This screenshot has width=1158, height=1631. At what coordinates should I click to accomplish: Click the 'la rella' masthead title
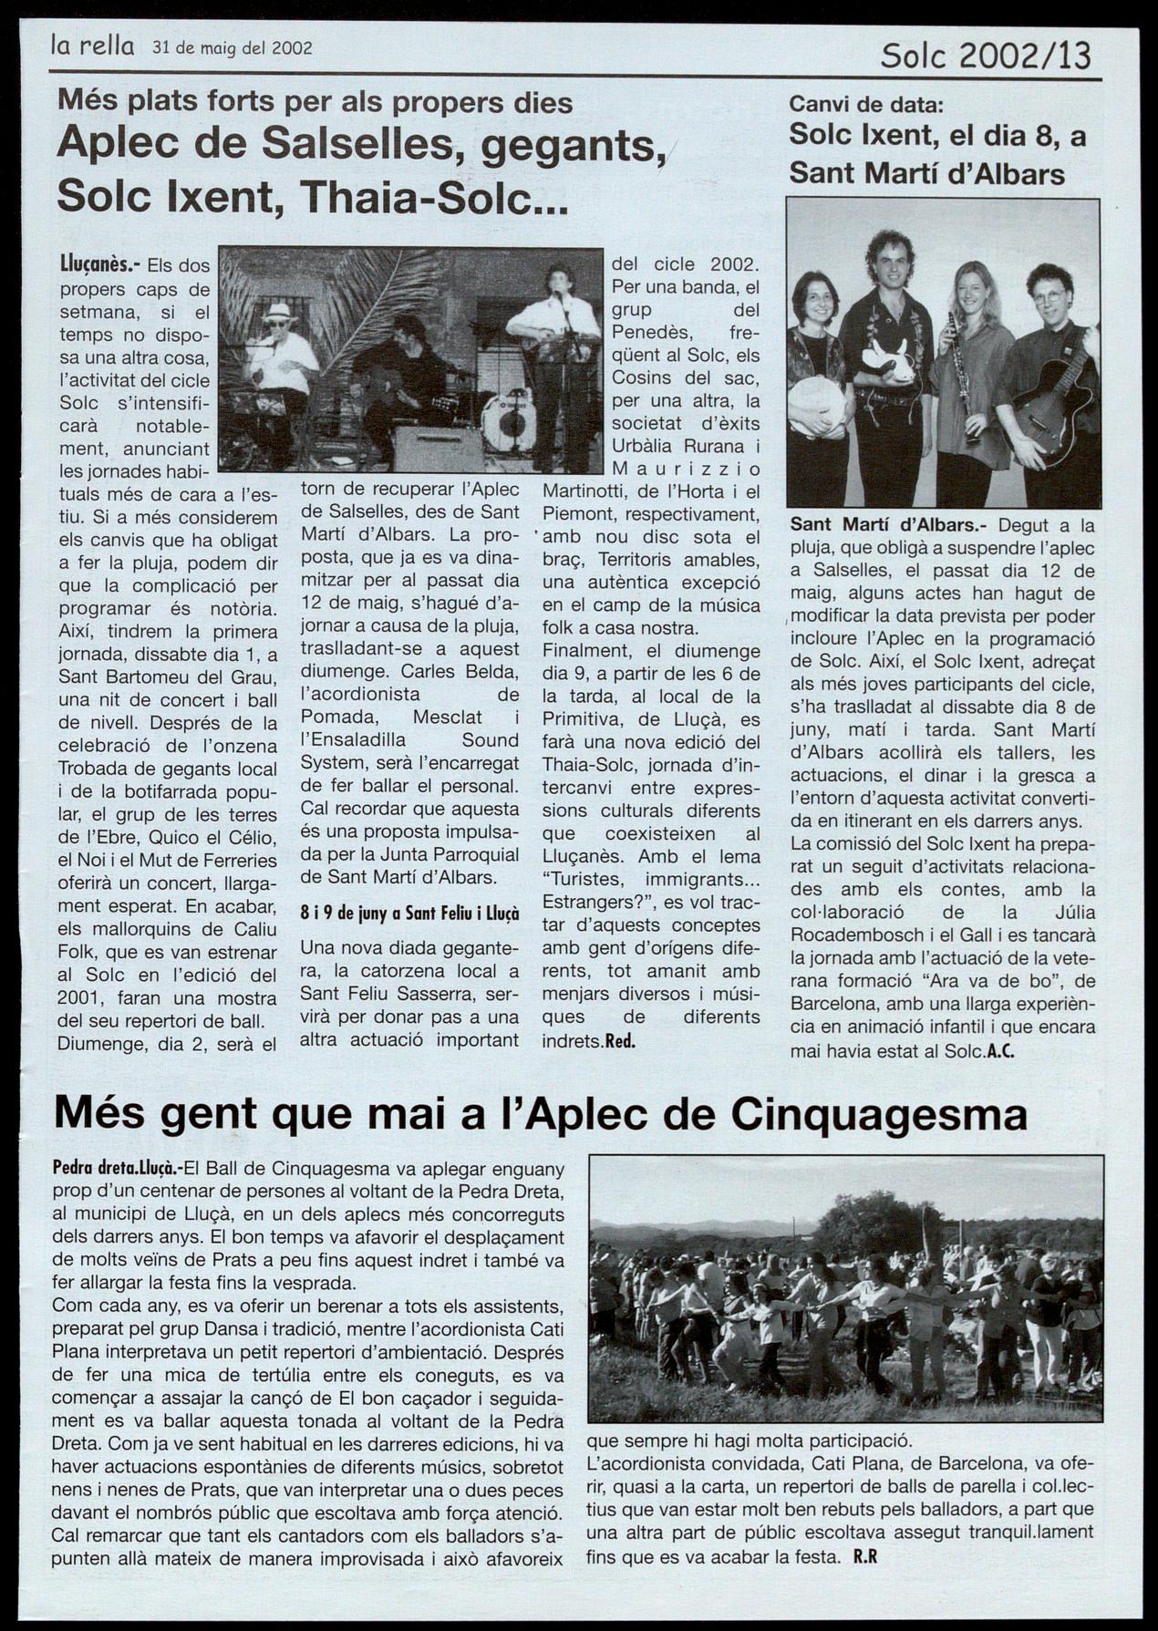[x=92, y=46]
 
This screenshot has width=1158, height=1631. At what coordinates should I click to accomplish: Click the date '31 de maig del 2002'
[x=233, y=48]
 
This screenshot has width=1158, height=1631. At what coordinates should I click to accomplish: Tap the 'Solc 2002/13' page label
[x=985, y=57]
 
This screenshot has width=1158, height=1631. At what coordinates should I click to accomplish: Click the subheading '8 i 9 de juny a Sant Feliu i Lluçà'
[x=409, y=913]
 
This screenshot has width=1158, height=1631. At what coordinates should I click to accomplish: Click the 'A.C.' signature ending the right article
[x=1000, y=1050]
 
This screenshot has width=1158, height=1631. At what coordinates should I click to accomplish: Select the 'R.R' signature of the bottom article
[x=864, y=1558]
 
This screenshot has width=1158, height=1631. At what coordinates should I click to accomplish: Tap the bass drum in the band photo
[x=509, y=421]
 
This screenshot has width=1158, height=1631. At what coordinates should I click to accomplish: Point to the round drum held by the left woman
[x=817, y=402]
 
